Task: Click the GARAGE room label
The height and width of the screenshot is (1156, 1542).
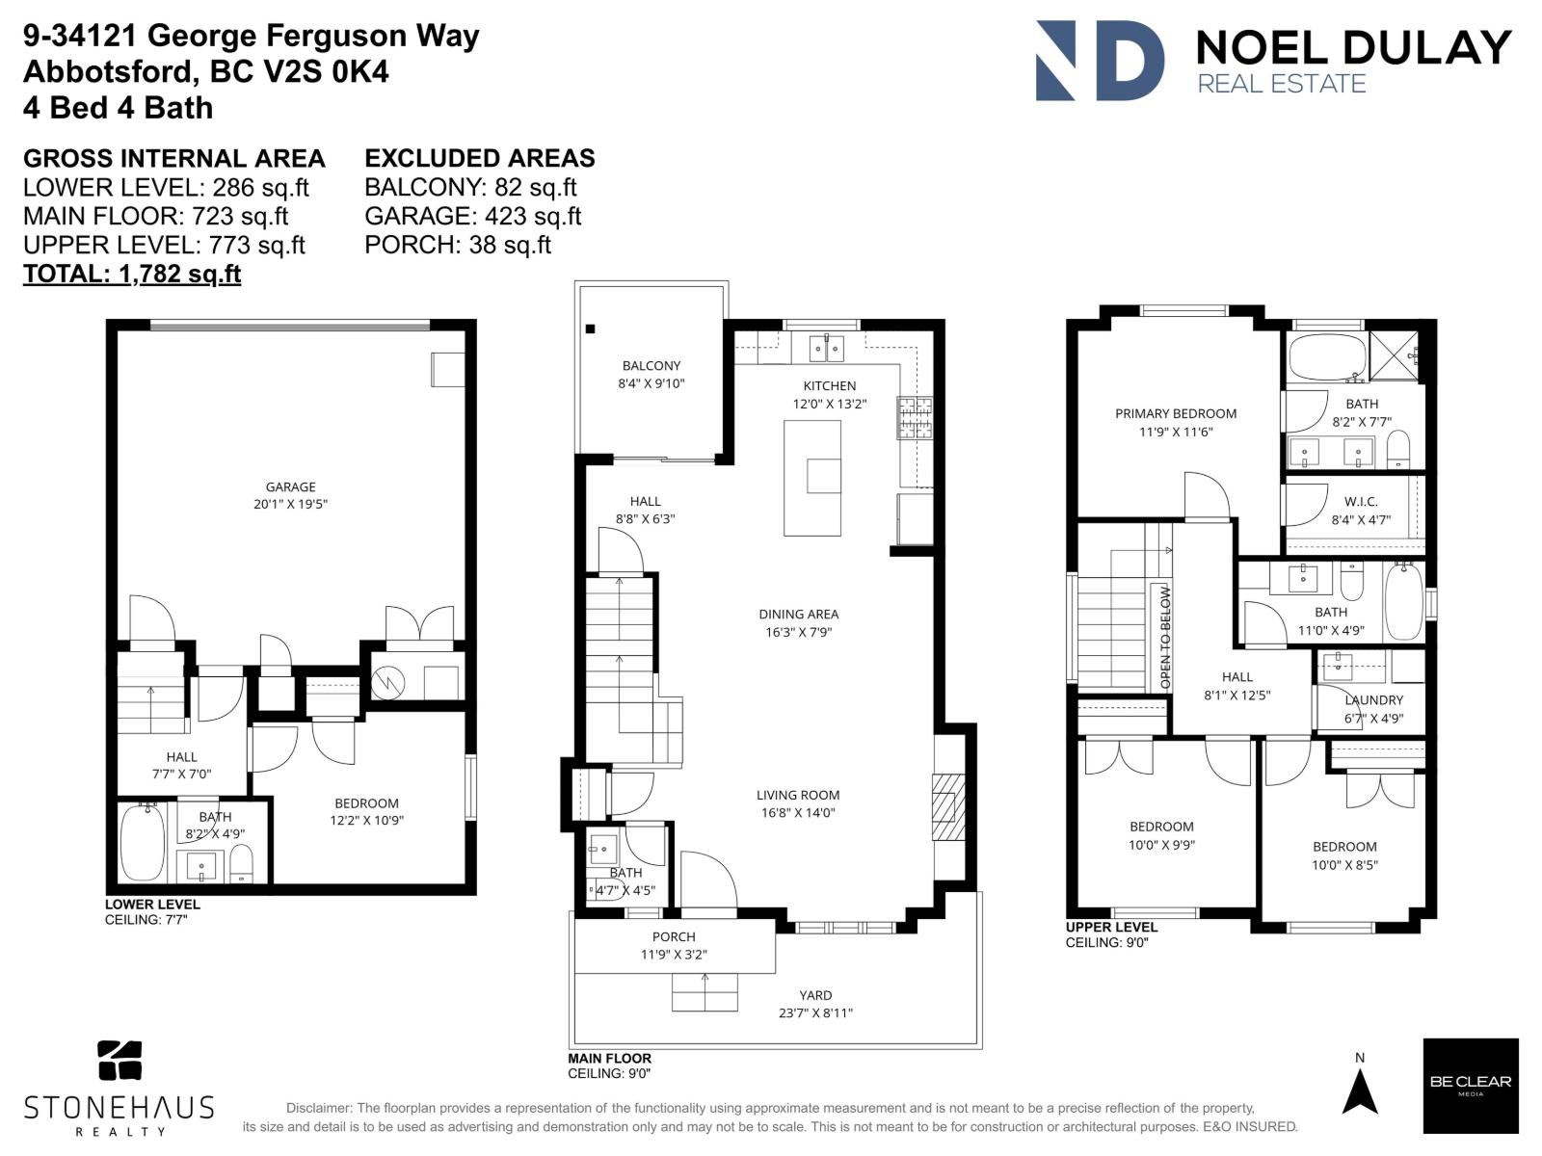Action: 291,487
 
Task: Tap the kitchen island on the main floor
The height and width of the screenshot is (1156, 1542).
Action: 811,478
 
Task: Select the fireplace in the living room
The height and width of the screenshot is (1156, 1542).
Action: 945,805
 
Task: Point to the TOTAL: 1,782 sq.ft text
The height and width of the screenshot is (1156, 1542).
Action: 132,274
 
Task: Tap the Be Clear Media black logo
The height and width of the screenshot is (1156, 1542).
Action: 1470,1086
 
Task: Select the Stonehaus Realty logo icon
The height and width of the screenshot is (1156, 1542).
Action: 120,1061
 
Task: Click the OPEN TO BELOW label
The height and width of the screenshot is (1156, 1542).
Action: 1165,637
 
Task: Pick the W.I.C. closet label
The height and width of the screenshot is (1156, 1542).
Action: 1361,502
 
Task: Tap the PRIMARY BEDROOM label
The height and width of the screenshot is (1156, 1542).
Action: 1176,413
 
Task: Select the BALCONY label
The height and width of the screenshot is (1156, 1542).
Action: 651,365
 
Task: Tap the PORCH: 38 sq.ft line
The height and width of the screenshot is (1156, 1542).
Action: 458,245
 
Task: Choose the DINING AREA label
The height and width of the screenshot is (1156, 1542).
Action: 798,614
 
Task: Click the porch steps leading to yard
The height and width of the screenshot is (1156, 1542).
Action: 705,991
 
